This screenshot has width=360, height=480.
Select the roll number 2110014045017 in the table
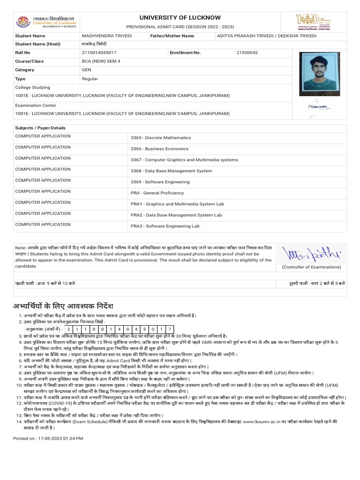coord(99,53)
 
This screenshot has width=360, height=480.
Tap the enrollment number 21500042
coord(247,53)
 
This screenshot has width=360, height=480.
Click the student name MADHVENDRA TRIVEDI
coord(107,36)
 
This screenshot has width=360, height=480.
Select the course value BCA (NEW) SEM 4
coord(101,61)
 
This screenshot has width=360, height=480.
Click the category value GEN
coord(86,70)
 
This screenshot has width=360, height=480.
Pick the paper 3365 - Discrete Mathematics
coord(161,138)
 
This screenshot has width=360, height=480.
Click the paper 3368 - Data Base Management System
coord(171,171)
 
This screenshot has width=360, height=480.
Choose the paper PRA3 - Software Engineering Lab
coord(165,226)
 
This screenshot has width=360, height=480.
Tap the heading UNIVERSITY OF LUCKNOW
coord(180,17)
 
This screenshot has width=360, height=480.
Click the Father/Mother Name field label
coord(172,36)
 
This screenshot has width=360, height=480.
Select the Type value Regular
coord(90,79)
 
